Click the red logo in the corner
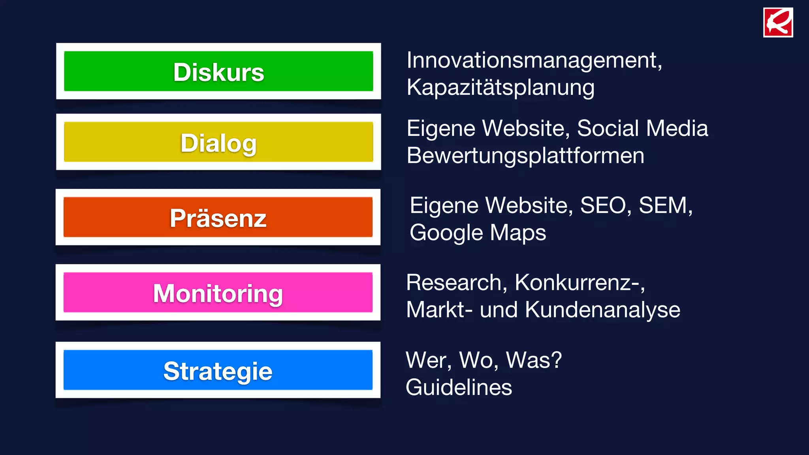[x=778, y=23]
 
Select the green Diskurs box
[x=218, y=71]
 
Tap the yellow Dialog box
[x=218, y=142]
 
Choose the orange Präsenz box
[x=218, y=217]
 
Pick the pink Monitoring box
[x=218, y=293]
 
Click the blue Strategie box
[x=218, y=370]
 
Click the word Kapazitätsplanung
[x=500, y=88]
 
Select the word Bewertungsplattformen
[x=525, y=156]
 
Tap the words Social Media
[x=642, y=128]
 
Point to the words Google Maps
[x=478, y=233]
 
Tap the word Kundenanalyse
[x=602, y=310]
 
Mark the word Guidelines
[x=459, y=387]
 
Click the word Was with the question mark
[x=534, y=360]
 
